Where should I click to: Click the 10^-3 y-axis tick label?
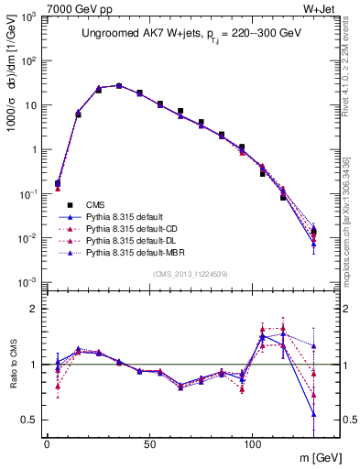(29, 282)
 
